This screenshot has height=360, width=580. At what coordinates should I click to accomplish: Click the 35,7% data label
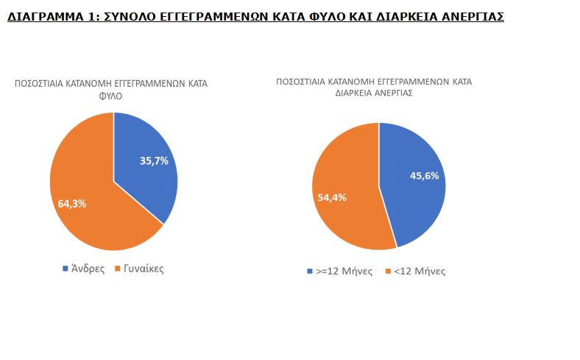[154, 160]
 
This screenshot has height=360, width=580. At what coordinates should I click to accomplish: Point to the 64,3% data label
[72, 204]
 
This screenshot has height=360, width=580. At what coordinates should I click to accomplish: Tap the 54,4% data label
[332, 197]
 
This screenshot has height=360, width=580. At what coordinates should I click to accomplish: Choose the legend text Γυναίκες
[144, 269]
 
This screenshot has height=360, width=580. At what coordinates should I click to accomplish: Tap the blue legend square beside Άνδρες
[66, 269]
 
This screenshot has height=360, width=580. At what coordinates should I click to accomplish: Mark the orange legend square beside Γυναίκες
[119, 269]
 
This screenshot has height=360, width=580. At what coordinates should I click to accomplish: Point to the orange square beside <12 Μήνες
[389, 272]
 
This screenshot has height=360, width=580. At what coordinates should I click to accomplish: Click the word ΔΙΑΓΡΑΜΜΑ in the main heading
[43, 16]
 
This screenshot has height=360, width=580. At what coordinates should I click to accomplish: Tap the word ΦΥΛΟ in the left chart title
[111, 96]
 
